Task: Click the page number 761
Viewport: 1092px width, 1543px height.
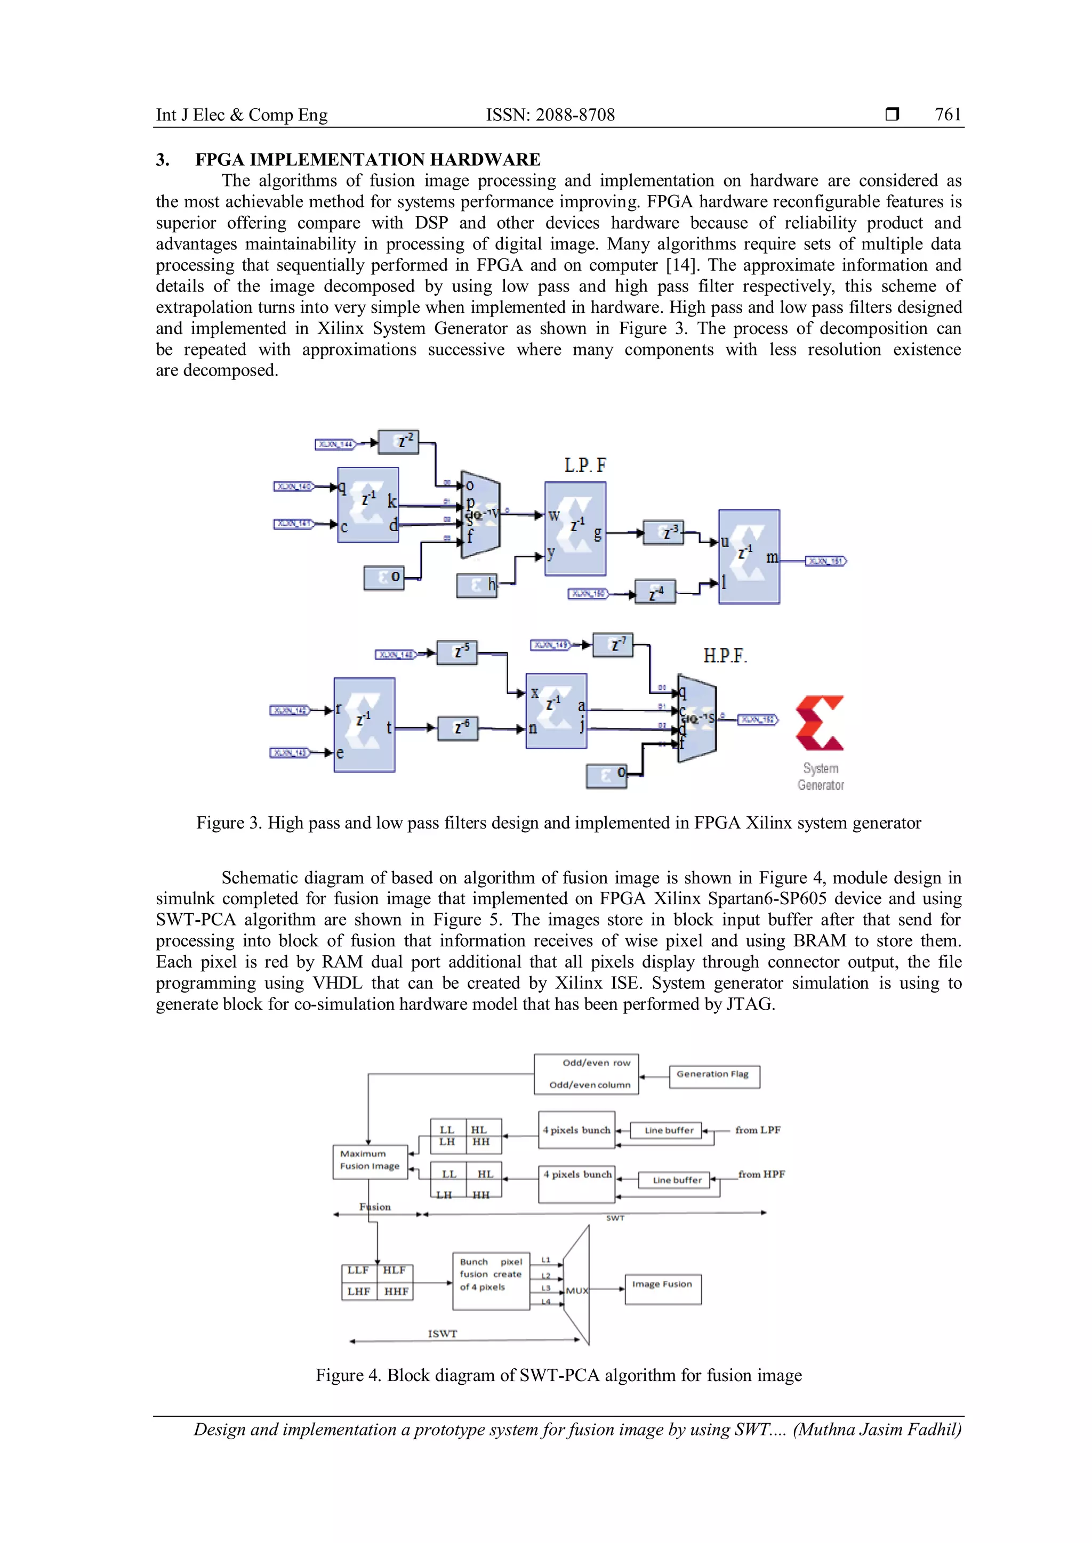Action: coord(948,115)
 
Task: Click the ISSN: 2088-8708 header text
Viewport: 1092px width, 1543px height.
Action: coord(550,115)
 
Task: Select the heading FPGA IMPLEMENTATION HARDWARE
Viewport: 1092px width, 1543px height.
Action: coord(367,159)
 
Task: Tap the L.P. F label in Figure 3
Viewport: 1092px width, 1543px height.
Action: coord(584,465)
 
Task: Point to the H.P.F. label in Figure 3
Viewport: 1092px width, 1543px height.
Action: coord(725,655)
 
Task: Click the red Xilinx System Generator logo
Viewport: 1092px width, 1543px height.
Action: coord(820,723)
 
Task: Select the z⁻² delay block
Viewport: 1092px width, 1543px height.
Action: coord(399,442)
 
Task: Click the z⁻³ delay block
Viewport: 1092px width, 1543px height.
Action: coord(664,532)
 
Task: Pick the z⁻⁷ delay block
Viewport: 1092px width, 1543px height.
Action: coord(612,645)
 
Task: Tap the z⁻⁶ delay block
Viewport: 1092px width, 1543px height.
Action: coord(457,728)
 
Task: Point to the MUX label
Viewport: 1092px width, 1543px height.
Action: coord(577,1290)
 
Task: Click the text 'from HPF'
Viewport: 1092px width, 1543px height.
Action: coord(761,1174)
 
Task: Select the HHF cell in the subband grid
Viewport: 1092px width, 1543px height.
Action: coord(396,1291)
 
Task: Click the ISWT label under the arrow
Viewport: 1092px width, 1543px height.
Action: coord(443,1333)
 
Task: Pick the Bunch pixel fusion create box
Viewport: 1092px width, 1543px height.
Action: coord(491,1280)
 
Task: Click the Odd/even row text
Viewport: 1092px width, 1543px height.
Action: coord(597,1062)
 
